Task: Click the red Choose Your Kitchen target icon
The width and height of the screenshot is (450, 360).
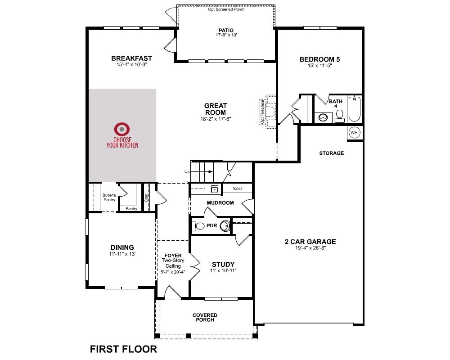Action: click(x=121, y=129)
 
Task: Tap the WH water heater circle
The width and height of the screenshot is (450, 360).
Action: click(x=354, y=133)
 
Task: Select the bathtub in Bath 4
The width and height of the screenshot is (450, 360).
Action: click(x=355, y=109)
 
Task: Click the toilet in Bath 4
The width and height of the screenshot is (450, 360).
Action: click(x=340, y=116)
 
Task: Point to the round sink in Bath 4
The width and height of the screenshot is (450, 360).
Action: click(x=324, y=117)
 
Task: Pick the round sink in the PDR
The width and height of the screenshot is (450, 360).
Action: click(x=225, y=225)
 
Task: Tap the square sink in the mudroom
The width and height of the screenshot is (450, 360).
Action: click(x=214, y=189)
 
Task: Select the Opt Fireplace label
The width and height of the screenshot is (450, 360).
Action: click(x=262, y=112)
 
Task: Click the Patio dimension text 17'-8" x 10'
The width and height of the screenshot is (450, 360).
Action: click(x=226, y=35)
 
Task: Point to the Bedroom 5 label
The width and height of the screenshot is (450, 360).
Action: click(x=319, y=59)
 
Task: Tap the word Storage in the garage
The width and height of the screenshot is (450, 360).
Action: click(x=332, y=153)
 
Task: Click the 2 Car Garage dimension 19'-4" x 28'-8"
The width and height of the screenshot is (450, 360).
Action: click(x=310, y=248)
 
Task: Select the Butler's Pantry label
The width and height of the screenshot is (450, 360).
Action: click(x=109, y=197)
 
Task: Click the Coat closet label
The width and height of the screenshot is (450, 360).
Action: click(x=146, y=198)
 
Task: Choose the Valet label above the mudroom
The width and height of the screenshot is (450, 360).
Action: click(x=237, y=189)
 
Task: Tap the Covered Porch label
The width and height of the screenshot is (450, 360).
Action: click(x=205, y=317)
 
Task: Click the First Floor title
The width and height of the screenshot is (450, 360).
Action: click(x=123, y=349)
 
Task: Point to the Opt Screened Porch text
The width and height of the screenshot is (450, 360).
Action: click(x=226, y=9)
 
